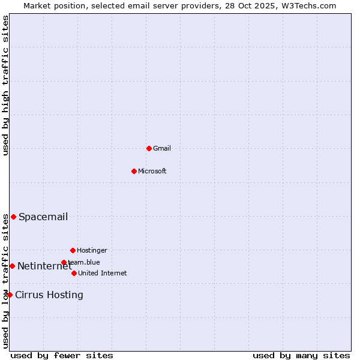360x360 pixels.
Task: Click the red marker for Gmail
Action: click(149, 148)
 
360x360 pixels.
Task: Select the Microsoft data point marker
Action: click(134, 171)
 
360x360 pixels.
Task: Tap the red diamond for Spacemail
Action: click(13, 217)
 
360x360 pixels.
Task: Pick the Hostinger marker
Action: click(73, 250)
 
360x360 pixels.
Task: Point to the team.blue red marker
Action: click(64, 262)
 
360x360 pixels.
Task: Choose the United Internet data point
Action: click(74, 273)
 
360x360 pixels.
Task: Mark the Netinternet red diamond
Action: click(12, 266)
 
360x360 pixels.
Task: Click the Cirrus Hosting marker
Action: click(10, 295)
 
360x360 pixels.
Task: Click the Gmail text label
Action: click(162, 148)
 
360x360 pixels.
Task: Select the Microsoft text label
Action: click(152, 171)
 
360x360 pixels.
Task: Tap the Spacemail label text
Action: click(43, 217)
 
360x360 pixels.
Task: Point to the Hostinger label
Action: click(92, 250)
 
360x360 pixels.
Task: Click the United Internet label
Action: click(103, 273)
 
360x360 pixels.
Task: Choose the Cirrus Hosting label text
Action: click(49, 295)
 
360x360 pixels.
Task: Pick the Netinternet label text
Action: click(44, 266)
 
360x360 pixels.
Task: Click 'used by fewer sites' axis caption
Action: click(62, 355)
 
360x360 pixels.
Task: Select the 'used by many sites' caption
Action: click(301, 355)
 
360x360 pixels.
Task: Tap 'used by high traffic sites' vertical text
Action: click(5, 85)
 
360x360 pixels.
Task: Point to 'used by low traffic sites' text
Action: click(5, 281)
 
